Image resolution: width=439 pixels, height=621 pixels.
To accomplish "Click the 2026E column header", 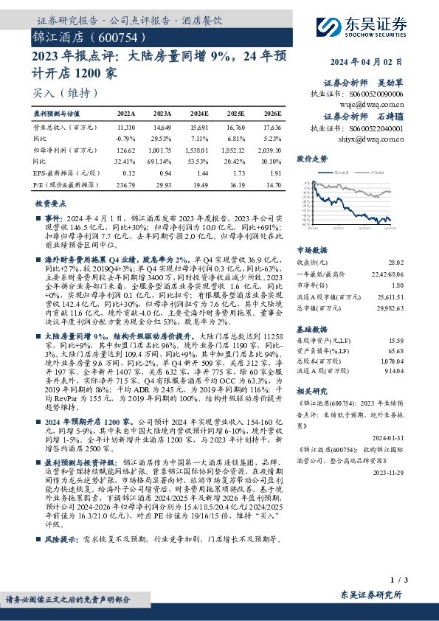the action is [x=272, y=114].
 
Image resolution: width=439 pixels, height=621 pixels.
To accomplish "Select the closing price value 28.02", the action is [x=395, y=262].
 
